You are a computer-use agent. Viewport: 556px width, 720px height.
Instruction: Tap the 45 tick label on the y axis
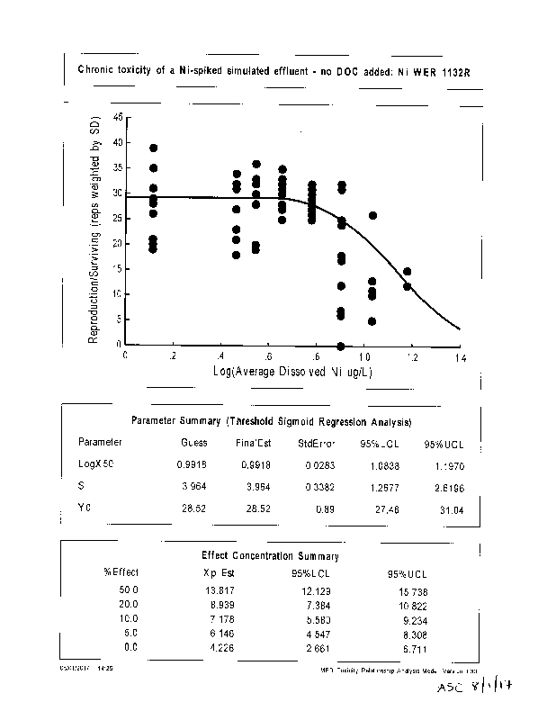[x=118, y=118]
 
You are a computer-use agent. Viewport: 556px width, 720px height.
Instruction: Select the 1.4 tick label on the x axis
[x=461, y=357]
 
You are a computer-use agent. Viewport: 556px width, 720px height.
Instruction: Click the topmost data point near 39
[x=154, y=148]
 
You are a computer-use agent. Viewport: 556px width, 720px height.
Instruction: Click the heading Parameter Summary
[x=271, y=421]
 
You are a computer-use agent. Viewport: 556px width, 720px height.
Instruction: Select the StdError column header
[x=316, y=443]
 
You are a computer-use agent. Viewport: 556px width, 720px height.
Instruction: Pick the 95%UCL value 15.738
[x=401, y=590]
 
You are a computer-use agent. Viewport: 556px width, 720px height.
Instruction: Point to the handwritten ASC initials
[x=449, y=688]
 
